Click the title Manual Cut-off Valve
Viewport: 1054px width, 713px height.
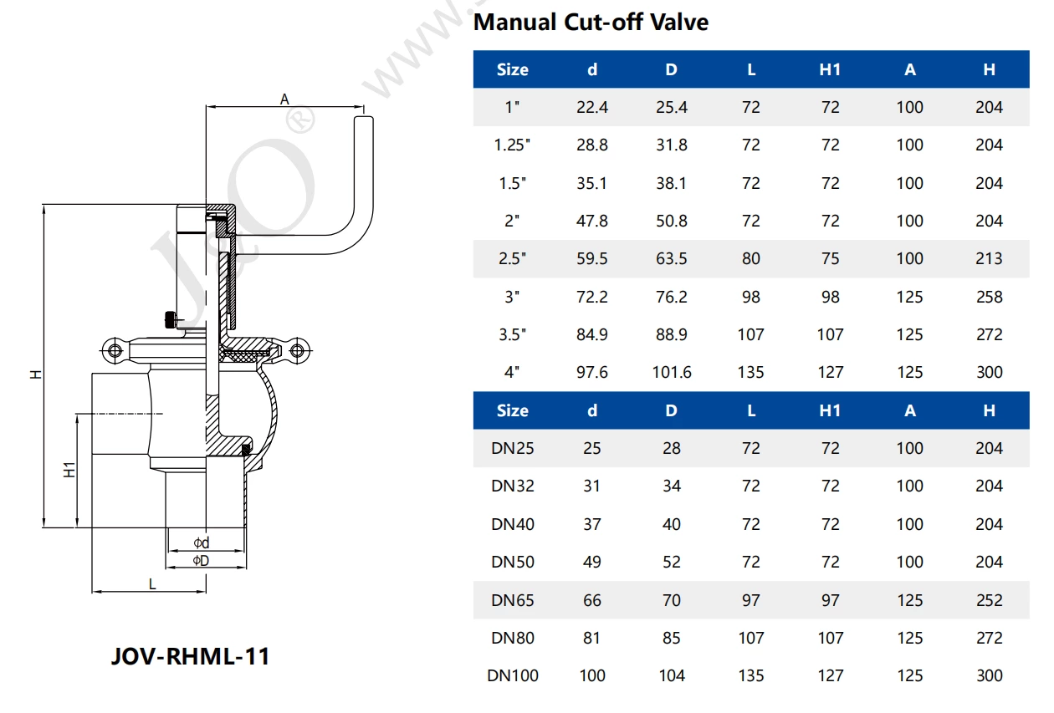point(591,22)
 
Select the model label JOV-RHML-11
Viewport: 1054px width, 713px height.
point(190,656)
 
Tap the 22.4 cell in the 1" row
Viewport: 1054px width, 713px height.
point(591,107)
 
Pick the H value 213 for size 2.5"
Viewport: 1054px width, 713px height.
point(989,258)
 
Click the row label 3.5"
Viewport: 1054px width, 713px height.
point(512,334)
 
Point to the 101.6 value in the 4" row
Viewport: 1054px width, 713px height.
point(671,372)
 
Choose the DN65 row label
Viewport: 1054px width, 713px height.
point(512,600)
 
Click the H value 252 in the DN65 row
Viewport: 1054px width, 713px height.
point(989,600)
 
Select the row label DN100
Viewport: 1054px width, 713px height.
point(512,675)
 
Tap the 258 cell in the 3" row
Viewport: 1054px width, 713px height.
point(989,297)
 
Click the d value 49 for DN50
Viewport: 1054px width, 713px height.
point(591,562)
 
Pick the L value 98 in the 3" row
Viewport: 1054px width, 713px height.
point(750,297)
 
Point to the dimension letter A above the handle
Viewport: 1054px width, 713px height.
point(284,99)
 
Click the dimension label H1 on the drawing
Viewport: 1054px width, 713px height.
point(70,470)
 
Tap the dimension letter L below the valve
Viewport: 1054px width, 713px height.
point(152,584)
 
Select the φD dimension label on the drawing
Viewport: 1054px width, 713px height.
point(201,560)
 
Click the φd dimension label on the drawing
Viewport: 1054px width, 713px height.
point(201,543)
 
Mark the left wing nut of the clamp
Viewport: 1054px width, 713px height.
point(111,349)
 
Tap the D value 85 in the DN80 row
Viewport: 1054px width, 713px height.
point(671,638)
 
